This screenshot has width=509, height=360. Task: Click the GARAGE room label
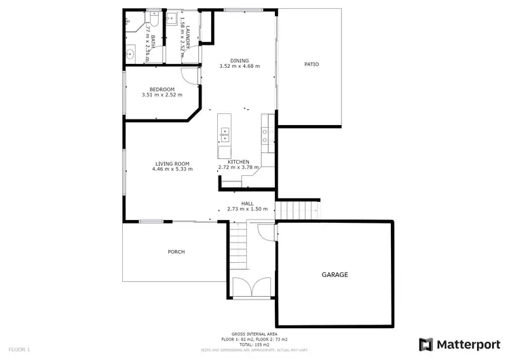[x=335, y=275]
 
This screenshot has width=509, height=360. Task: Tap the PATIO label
[x=311, y=65]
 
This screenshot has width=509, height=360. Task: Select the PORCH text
[x=176, y=252]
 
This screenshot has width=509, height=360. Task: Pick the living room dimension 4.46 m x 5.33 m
[x=172, y=168]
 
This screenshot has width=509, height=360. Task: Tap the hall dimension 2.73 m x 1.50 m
[x=247, y=209]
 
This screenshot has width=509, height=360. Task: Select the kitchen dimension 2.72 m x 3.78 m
[x=238, y=167]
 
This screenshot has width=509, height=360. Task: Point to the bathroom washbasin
[x=132, y=52]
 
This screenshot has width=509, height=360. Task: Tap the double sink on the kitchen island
[x=224, y=134]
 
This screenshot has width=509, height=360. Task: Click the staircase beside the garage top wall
[x=298, y=210]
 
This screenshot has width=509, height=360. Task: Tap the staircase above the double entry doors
[x=238, y=247]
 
